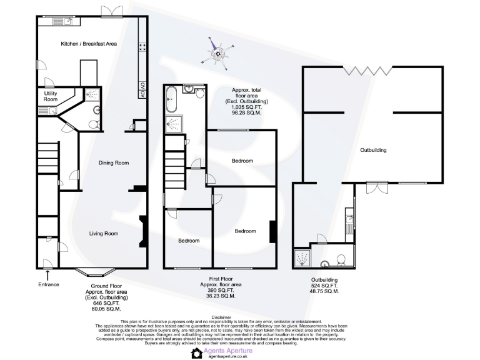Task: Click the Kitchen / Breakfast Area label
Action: point(89,44)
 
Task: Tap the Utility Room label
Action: point(50,96)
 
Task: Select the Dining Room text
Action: point(114,162)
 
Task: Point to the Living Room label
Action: point(103,234)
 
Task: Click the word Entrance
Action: point(49,284)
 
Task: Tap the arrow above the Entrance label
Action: point(48,273)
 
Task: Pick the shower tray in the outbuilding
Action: point(302,258)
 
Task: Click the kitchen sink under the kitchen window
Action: point(65,21)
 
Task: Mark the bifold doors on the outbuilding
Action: point(368,70)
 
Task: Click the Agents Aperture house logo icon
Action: point(196,352)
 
